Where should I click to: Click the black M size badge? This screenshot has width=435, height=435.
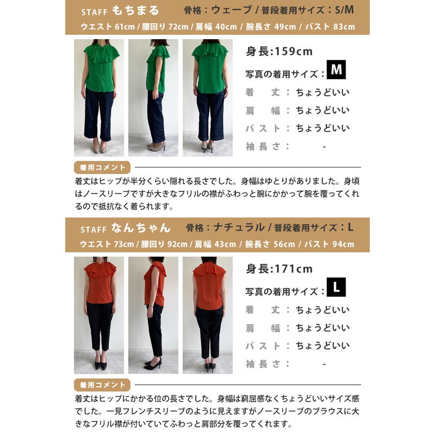[336, 70]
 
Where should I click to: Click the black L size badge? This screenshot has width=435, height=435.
[336, 287]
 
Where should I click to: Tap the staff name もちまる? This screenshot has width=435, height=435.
[135, 11]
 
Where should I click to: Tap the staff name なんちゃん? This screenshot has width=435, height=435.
[141, 228]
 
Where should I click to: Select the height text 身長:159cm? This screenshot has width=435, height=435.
[279, 52]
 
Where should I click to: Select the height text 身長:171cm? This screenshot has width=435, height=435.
[279, 269]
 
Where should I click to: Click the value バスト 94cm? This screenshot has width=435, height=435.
[329, 244]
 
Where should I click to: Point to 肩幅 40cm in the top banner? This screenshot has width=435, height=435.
[216, 27]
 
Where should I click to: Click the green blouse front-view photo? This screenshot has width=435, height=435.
[99, 98]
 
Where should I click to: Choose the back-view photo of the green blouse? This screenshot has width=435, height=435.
[207, 98]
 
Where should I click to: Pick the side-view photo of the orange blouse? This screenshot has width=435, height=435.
[153, 315]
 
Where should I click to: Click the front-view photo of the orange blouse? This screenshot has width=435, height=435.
[99, 315]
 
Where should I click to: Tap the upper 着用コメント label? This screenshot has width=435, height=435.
[102, 167]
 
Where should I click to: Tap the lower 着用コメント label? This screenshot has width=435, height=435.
[102, 385]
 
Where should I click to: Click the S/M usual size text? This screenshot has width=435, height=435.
[344, 10]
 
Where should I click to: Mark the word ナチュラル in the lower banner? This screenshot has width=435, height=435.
[239, 228]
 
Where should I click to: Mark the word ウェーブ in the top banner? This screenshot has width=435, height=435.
[232, 10]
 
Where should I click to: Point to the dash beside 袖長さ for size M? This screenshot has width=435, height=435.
[324, 147]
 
